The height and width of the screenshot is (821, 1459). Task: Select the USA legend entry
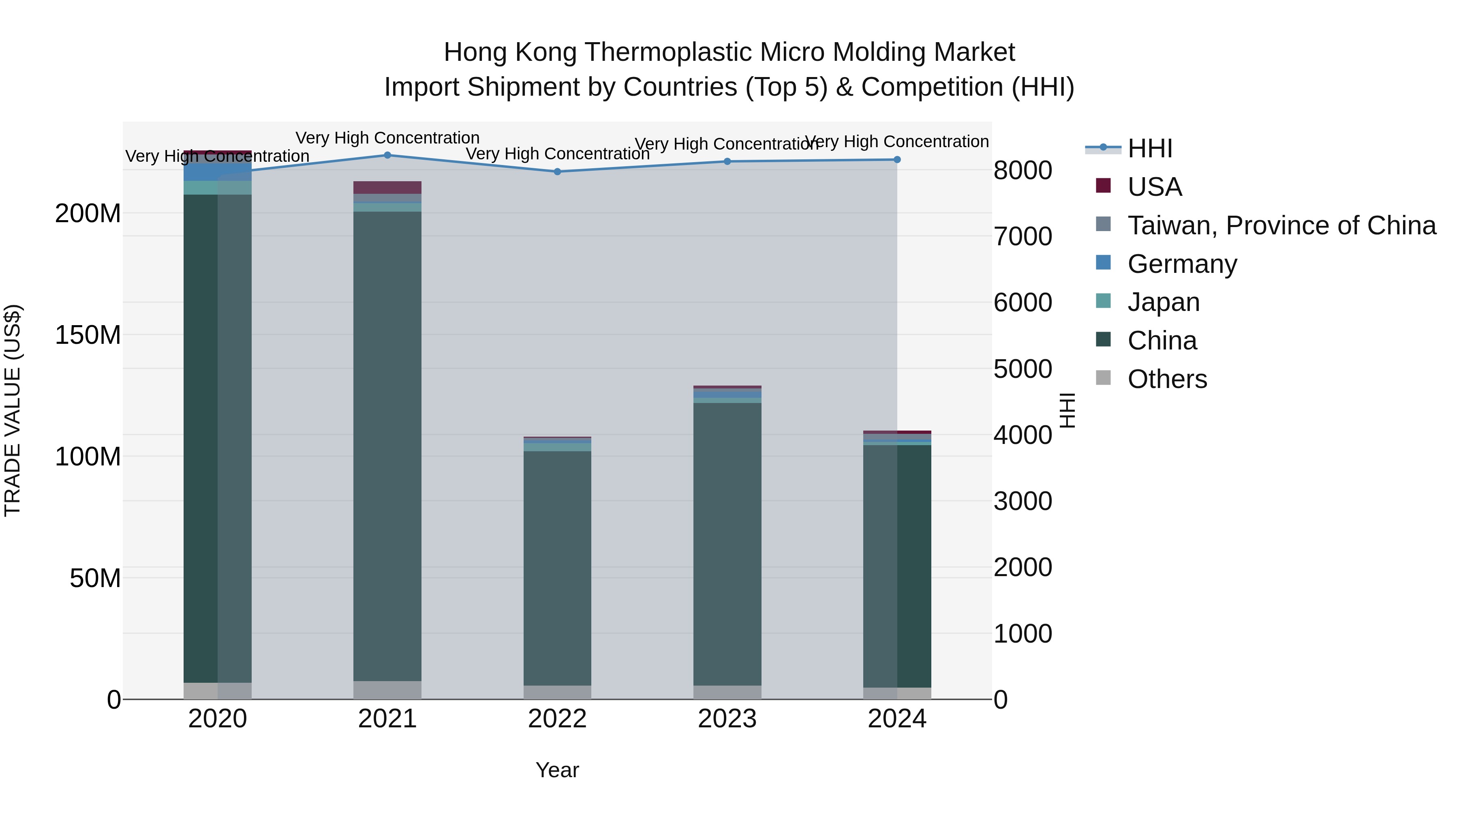(1154, 187)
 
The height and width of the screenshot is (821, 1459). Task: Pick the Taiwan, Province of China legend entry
(1281, 225)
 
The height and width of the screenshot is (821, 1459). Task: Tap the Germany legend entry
(1182, 264)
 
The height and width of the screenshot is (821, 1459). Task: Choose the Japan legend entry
(1163, 302)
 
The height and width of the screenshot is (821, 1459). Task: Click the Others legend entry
(1167, 379)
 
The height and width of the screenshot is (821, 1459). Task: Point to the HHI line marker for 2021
(387, 155)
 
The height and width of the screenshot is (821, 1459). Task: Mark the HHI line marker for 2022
(557, 171)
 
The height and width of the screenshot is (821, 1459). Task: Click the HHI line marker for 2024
(897, 160)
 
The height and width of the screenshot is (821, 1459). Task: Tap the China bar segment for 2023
(727, 544)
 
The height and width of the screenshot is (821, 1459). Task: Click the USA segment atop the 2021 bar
(387, 188)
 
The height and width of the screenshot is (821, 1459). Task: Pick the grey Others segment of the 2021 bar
(387, 690)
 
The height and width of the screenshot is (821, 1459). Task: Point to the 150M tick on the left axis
(88, 335)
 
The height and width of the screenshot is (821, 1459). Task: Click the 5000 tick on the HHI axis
(1023, 369)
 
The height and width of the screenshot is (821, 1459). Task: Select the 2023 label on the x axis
(727, 719)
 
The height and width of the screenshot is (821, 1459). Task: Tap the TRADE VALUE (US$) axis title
(13, 410)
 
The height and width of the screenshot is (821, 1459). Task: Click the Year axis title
(557, 770)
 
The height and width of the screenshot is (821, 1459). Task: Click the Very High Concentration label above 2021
(387, 138)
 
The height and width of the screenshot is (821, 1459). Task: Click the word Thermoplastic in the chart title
(668, 52)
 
